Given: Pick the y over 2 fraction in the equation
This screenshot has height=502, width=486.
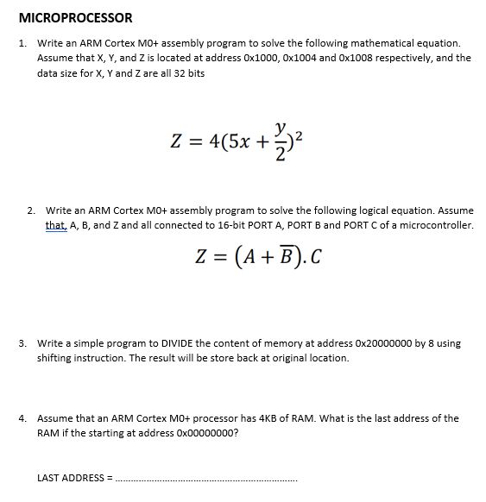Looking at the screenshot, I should click(275, 135).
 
